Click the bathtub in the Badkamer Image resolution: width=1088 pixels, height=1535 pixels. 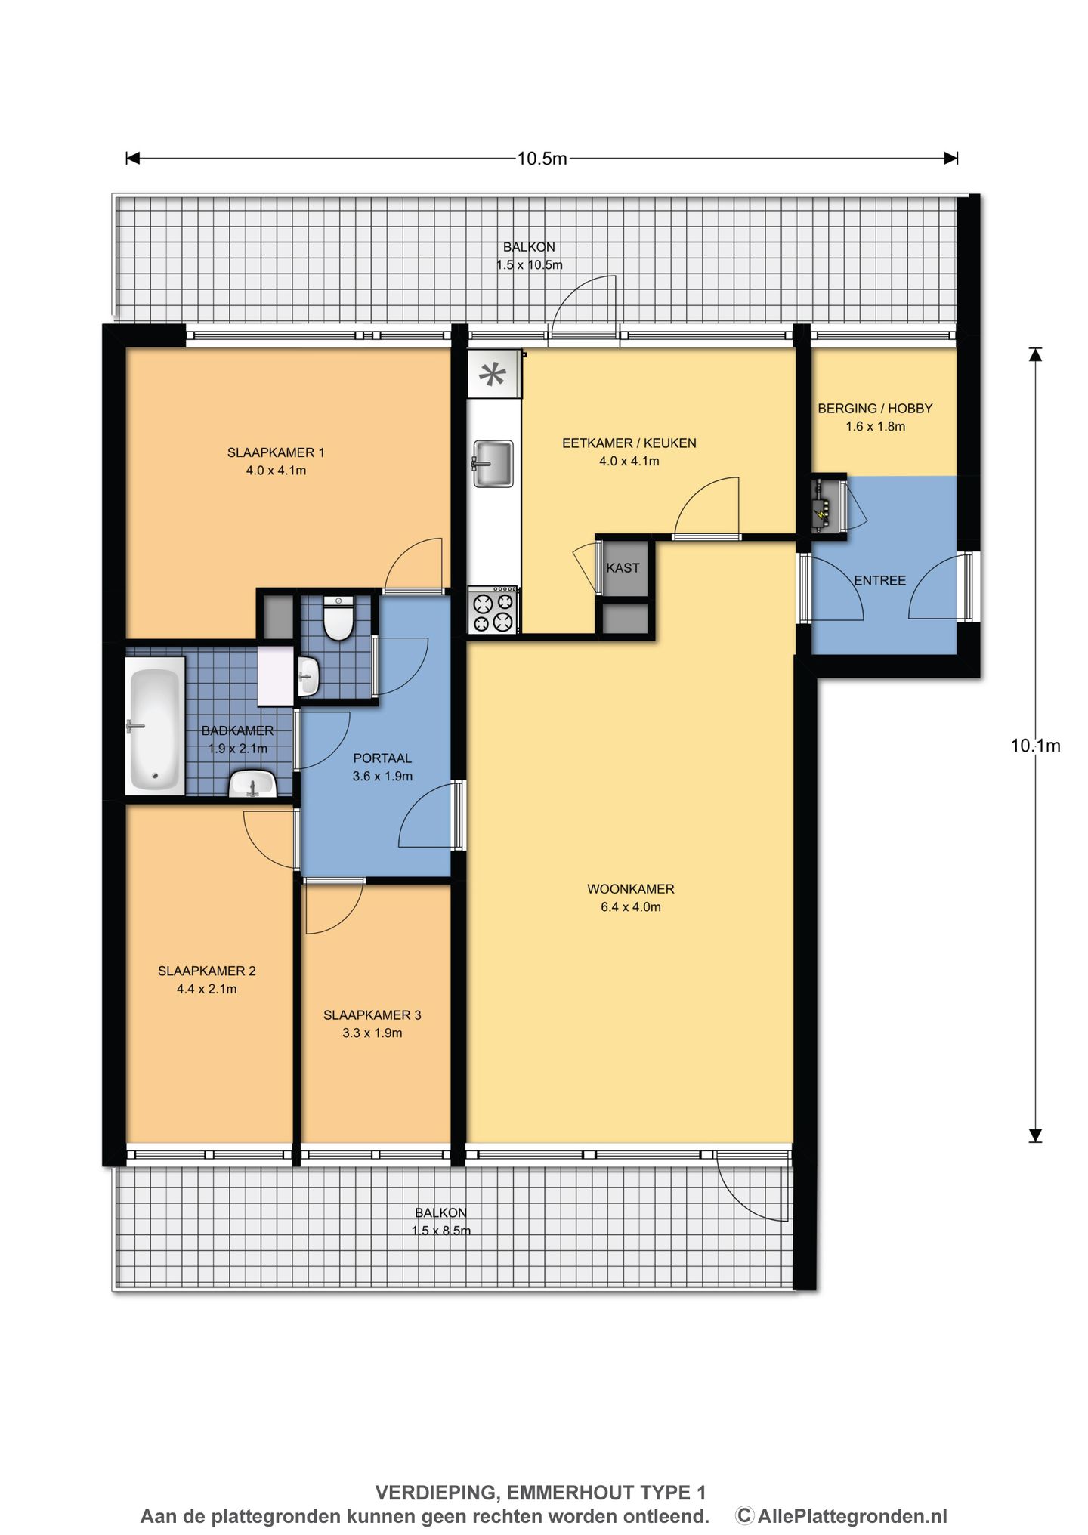click(x=155, y=725)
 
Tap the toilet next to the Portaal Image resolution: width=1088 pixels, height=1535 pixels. click(x=338, y=618)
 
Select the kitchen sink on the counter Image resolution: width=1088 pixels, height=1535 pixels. click(x=493, y=463)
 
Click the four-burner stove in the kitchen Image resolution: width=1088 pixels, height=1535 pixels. click(x=493, y=610)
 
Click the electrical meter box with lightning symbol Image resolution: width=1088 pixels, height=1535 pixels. click(x=828, y=506)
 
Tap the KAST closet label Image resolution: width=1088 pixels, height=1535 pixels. click(x=623, y=568)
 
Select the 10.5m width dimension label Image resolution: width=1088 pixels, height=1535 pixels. click(x=542, y=159)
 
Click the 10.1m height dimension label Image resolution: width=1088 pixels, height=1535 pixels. click(x=1035, y=746)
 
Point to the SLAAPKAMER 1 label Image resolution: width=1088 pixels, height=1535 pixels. click(x=276, y=452)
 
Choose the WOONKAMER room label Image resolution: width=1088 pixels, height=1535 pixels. click(x=631, y=889)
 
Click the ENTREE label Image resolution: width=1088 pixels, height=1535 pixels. click(x=879, y=580)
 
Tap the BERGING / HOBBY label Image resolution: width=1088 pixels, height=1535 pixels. click(x=875, y=408)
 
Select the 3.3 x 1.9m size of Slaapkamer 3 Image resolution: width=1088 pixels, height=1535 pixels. click(x=372, y=1033)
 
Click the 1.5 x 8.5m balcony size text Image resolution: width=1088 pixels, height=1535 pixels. click(x=441, y=1231)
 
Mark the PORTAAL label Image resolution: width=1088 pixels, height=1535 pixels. click(x=382, y=758)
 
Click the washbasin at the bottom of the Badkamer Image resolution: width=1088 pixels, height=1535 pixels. click(x=252, y=783)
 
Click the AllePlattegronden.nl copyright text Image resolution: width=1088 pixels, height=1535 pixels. click(x=841, y=1515)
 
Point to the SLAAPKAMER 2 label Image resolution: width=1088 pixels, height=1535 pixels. click(x=207, y=971)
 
